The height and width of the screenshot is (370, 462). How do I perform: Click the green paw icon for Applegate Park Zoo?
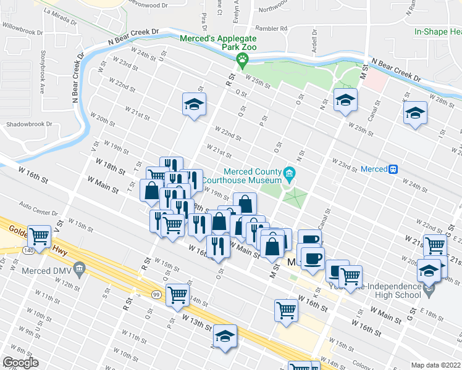point(242,59)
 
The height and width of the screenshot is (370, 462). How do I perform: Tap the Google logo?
point(20,363)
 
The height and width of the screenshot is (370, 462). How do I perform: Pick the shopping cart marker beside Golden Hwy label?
point(40,235)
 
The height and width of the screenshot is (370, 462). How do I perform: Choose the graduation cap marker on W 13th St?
point(225,335)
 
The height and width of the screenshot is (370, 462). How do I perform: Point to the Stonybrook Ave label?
point(43,72)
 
